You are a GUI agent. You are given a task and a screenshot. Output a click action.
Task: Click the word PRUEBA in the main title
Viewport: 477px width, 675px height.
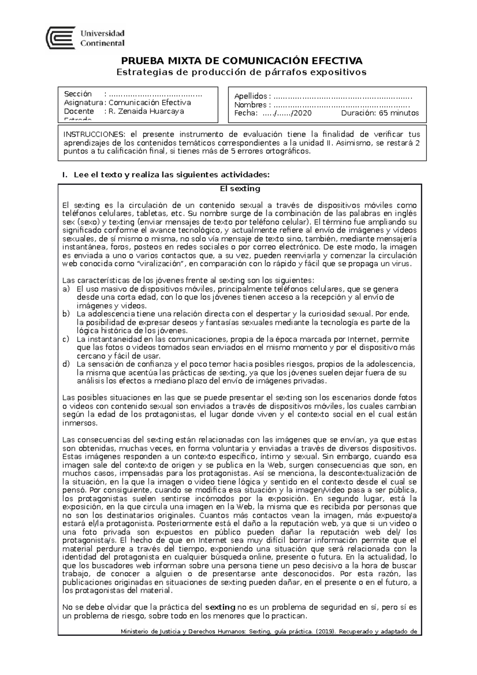point(138,61)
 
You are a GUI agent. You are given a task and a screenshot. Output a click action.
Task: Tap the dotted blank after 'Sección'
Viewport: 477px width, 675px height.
point(155,94)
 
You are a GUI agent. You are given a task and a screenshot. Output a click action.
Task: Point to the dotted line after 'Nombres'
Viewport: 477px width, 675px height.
point(341,105)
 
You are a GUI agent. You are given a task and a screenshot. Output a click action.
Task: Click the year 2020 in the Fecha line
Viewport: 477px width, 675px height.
point(302,113)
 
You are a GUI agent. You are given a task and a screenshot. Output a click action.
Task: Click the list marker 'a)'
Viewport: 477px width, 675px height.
point(66,289)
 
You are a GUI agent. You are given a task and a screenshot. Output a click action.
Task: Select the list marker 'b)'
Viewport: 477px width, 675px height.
point(66,314)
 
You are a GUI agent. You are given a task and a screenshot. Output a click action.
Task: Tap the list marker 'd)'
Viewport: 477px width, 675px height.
point(66,364)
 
